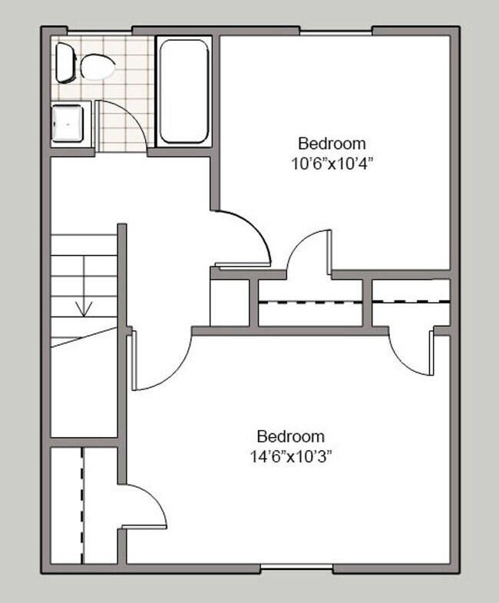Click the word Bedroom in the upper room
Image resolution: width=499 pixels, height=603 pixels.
click(x=332, y=143)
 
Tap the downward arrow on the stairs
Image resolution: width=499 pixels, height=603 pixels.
click(x=84, y=308)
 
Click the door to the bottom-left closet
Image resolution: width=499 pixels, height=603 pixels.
click(x=146, y=507)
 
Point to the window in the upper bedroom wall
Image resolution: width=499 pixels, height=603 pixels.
click(x=335, y=32)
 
